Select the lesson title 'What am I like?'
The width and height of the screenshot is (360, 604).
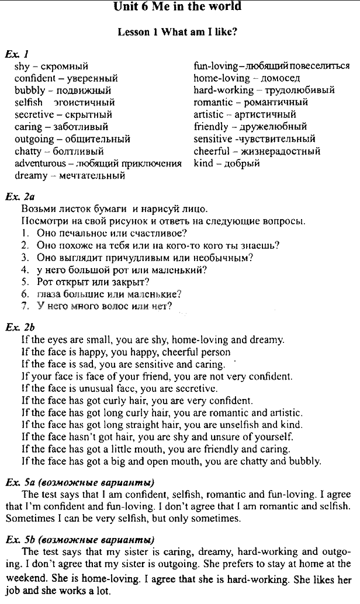pyautogui.click(x=201, y=33)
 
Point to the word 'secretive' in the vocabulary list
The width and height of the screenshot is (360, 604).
pyautogui.click(x=34, y=114)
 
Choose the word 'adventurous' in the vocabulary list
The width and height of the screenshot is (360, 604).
pyautogui.click(x=40, y=163)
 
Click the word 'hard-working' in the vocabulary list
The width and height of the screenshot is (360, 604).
pyautogui.click(x=224, y=90)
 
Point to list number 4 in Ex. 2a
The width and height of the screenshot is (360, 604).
pyautogui.click(x=25, y=270)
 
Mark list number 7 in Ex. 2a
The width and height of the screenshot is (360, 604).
pyautogui.click(x=25, y=306)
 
